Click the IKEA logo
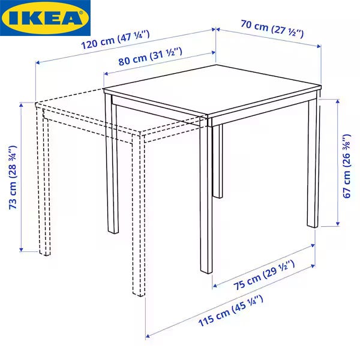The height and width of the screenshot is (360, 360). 45,18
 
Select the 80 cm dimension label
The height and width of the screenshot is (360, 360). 151,56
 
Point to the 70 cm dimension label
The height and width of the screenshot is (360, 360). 272,29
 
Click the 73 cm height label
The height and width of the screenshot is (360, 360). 13,177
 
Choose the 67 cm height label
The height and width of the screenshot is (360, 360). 347,166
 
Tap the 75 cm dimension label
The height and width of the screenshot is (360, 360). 264,275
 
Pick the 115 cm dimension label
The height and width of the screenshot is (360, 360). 230,311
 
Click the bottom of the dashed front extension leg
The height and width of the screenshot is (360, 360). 139,294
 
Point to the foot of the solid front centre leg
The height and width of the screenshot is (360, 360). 206,271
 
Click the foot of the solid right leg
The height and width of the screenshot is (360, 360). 313,226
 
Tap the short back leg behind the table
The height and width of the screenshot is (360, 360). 218,161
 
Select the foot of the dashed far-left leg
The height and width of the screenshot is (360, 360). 45,253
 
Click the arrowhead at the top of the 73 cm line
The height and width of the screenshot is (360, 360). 21,105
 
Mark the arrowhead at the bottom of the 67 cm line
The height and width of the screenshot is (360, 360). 337,224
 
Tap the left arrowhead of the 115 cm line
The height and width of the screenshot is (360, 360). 148,336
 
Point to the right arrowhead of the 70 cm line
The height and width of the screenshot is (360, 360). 319,46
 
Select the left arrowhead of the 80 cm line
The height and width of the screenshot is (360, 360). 106,73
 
